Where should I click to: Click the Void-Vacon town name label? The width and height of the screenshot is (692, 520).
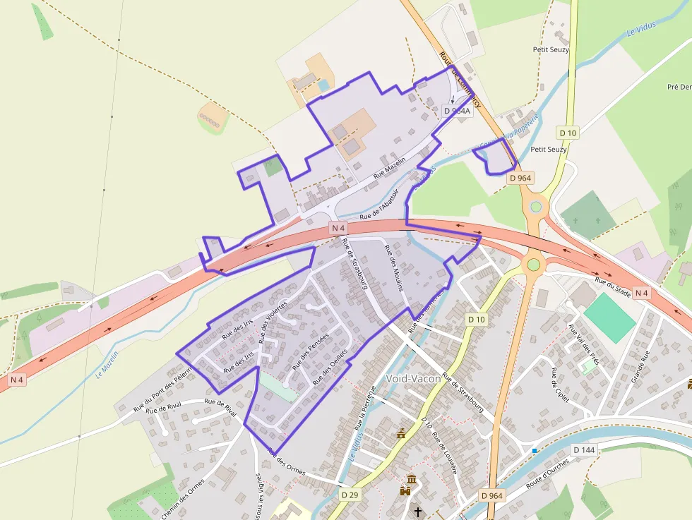tap(414, 378)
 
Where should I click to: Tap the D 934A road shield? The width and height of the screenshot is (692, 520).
tap(457, 111)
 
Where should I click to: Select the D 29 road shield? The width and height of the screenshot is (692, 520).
tap(350, 495)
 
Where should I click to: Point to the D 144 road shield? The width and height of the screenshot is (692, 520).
tap(584, 449)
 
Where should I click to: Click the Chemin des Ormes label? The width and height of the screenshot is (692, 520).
tap(182, 499)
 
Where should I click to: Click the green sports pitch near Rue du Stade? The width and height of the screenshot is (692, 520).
tap(609, 317)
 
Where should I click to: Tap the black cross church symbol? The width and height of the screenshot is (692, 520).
tap(417, 512)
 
